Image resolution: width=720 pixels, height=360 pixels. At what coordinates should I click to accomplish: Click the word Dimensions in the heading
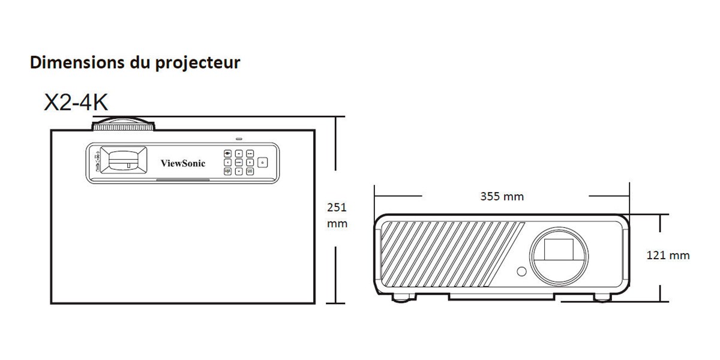pos(77,62)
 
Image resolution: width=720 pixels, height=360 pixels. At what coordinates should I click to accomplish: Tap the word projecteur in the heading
pos(197,64)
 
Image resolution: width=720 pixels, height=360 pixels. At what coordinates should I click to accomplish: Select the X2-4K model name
pos(76,103)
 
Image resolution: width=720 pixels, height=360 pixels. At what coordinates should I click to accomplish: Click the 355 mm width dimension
pos(502,196)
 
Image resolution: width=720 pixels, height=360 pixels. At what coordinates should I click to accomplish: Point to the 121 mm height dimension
pos(668,255)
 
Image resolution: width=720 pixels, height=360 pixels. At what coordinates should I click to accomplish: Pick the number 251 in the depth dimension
pos(337,208)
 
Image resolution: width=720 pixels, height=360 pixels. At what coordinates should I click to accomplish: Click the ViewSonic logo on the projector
pos(183,163)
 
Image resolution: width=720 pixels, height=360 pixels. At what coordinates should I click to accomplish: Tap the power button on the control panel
pos(263,163)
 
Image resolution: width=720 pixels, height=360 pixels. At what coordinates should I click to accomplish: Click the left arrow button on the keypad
pos(227,163)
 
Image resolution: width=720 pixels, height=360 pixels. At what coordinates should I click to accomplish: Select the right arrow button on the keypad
pos(250,163)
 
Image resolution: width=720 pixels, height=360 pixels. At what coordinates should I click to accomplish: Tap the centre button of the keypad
pos(239,163)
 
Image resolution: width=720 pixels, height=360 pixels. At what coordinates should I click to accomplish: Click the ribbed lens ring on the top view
pos(124,127)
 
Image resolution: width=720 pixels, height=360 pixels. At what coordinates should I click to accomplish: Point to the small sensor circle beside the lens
pos(521,272)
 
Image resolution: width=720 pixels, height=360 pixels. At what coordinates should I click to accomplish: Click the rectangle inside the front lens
pos(559,250)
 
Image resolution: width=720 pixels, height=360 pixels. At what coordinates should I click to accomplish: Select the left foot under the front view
pos(403,298)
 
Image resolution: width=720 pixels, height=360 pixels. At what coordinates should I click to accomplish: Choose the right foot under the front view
pos(602,298)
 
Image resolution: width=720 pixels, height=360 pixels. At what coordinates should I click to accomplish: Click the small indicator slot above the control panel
pos(239,139)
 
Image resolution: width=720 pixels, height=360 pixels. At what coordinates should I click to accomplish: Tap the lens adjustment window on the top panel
pos(124,160)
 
